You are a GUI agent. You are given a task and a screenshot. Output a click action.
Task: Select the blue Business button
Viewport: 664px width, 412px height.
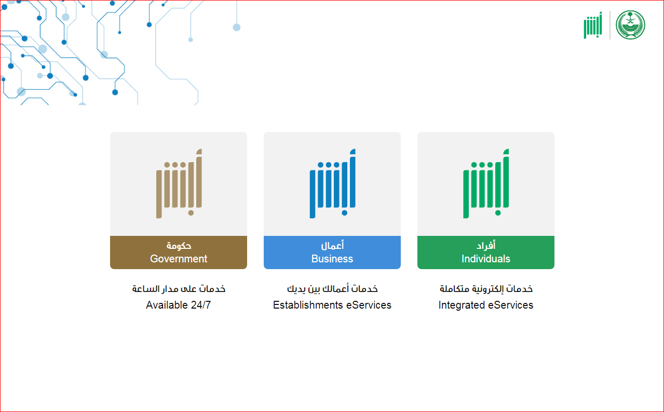point(332,252)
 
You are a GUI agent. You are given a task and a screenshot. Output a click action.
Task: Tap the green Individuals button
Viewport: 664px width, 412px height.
point(486,252)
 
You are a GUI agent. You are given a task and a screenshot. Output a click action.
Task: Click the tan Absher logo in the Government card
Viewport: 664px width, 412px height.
point(179,183)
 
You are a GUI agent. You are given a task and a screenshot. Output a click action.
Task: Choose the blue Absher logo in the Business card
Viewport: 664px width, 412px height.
point(333,183)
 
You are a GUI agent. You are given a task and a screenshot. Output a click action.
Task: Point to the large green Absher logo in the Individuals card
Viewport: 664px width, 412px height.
point(486,183)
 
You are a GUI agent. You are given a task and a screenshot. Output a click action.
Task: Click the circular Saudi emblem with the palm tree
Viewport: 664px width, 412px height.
point(630,25)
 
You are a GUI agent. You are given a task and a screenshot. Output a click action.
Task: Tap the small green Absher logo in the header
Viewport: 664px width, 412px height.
point(593,25)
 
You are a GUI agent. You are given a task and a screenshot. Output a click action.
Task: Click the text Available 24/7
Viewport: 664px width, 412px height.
point(179,305)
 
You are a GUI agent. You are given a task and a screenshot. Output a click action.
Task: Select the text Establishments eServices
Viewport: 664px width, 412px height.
point(332,305)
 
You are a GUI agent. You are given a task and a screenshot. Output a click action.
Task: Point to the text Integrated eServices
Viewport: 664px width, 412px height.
point(486,305)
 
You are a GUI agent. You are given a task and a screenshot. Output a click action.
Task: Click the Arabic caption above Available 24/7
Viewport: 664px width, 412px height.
point(179,288)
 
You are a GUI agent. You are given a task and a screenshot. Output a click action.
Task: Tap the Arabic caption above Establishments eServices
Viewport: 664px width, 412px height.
point(332,288)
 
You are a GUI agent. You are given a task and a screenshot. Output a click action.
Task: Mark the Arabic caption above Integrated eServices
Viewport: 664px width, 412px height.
point(486,288)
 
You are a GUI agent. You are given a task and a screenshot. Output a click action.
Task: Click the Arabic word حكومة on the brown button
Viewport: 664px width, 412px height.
point(179,246)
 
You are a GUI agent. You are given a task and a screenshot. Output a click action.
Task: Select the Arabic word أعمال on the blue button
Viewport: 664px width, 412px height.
point(332,245)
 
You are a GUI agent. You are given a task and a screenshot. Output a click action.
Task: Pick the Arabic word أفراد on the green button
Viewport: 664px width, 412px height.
point(486,245)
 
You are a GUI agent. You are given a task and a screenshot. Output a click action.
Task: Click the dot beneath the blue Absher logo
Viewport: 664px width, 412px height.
point(344,212)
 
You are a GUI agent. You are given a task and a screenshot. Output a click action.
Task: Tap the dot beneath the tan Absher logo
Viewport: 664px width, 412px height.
point(191,212)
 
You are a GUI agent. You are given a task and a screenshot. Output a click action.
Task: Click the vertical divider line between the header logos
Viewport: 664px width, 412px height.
point(610,25)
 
